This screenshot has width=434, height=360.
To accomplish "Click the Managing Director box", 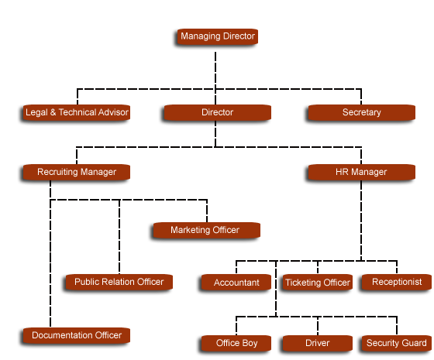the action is (218, 36).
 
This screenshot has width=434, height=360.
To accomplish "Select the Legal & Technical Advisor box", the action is (77, 112).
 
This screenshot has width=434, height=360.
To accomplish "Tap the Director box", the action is (218, 112).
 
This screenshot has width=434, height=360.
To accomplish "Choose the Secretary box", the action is (361, 112).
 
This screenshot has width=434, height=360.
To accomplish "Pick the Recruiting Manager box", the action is (77, 172).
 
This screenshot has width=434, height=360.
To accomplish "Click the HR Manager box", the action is (361, 172).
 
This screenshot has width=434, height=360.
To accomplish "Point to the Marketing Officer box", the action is (206, 230).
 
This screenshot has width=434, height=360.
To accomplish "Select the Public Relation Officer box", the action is (119, 282).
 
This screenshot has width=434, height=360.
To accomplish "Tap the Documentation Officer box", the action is (77, 335).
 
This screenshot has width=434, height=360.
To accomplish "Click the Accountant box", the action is (236, 283).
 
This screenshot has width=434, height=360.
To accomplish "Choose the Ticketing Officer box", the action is (318, 283).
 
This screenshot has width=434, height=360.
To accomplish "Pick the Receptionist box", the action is (397, 283).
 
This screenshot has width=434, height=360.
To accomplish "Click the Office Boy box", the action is (236, 343).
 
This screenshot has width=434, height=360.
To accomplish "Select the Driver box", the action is (318, 343).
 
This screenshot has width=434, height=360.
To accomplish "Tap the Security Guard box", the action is (397, 343).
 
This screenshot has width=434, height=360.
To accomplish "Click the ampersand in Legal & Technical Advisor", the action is (53, 112).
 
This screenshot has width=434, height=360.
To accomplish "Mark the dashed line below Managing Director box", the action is (215, 70).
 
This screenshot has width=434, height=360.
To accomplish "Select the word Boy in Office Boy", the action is (250, 343).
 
